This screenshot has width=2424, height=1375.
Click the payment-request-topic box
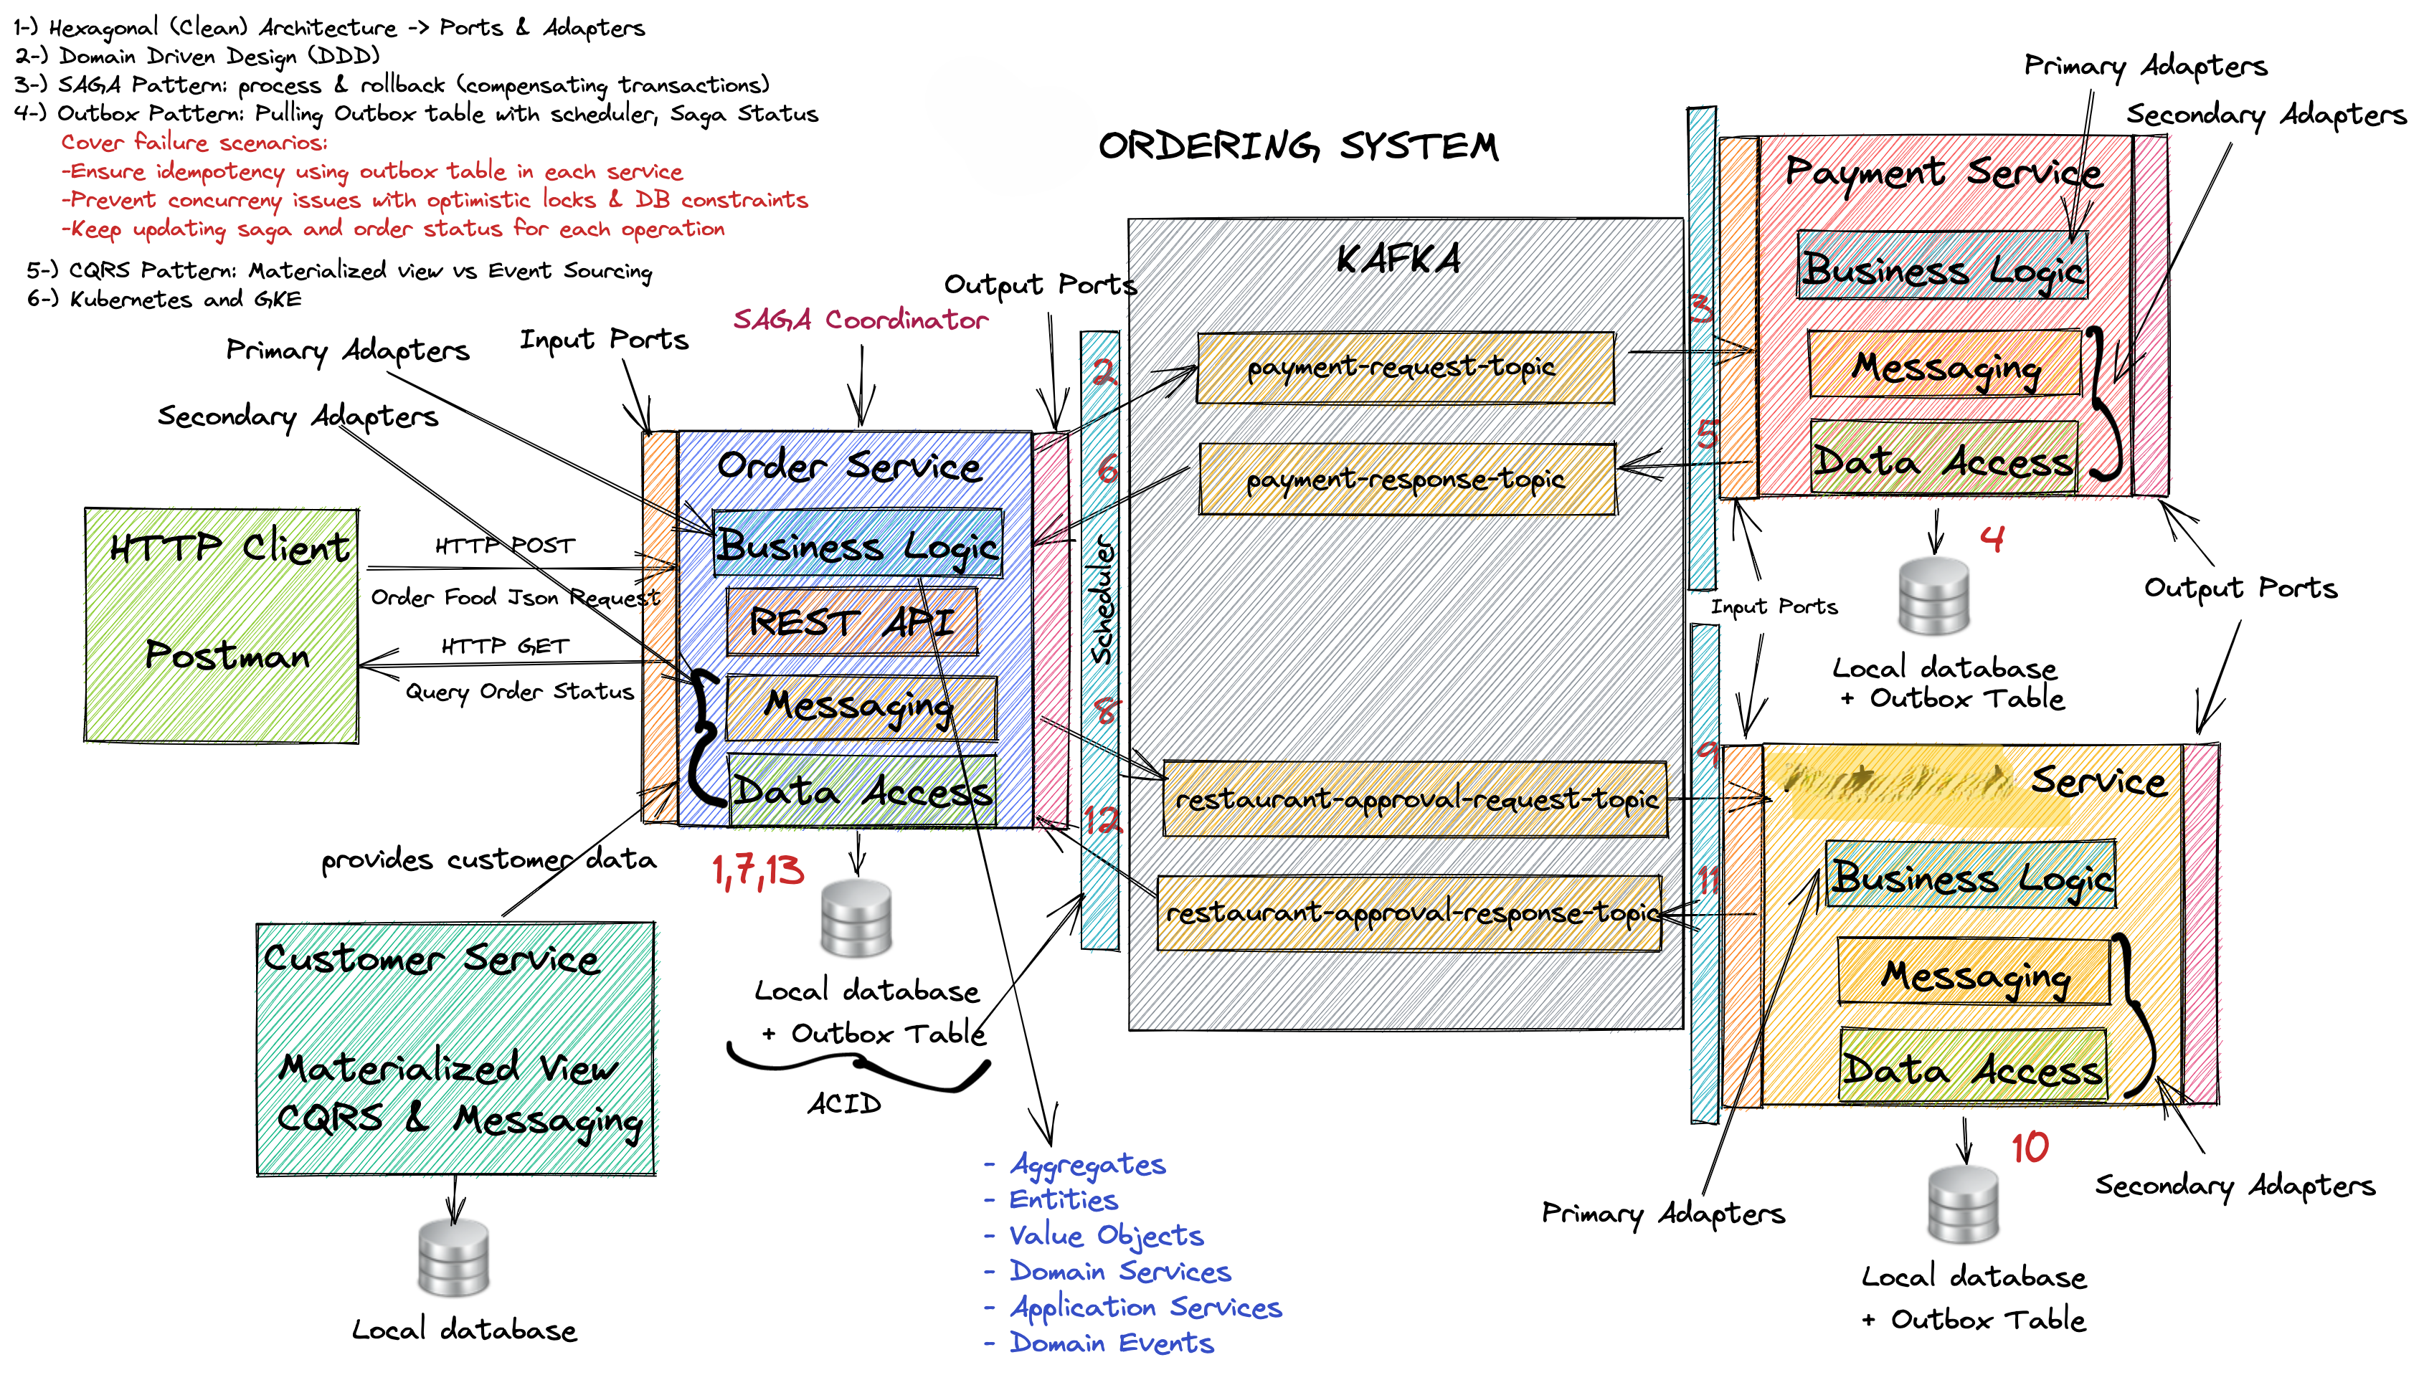[1405, 367]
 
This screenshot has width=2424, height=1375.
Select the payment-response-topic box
[1406, 479]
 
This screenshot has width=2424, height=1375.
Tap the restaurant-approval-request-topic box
[1414, 799]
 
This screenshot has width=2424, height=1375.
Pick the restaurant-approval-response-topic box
[1409, 913]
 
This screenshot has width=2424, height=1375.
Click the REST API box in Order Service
[851, 622]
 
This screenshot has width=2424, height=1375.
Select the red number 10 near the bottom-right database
[2029, 1148]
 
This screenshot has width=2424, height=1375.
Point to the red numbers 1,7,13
[757, 870]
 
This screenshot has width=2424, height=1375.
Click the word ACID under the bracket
[843, 1103]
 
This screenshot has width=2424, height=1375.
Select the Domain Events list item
[1111, 1342]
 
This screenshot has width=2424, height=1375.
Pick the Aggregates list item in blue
[1087, 1164]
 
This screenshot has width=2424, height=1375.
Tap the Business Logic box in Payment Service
[1942, 267]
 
